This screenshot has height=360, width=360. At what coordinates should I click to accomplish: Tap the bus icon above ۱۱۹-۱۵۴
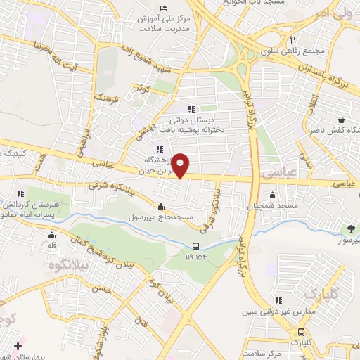click(196, 246)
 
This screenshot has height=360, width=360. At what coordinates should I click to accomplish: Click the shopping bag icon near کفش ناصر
click(341, 120)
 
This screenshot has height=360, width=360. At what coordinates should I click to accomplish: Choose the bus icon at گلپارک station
click(301, 331)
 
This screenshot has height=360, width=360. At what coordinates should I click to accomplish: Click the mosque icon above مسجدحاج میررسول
click(162, 207)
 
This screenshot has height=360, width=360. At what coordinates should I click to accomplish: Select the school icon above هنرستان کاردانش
click(20, 193)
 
